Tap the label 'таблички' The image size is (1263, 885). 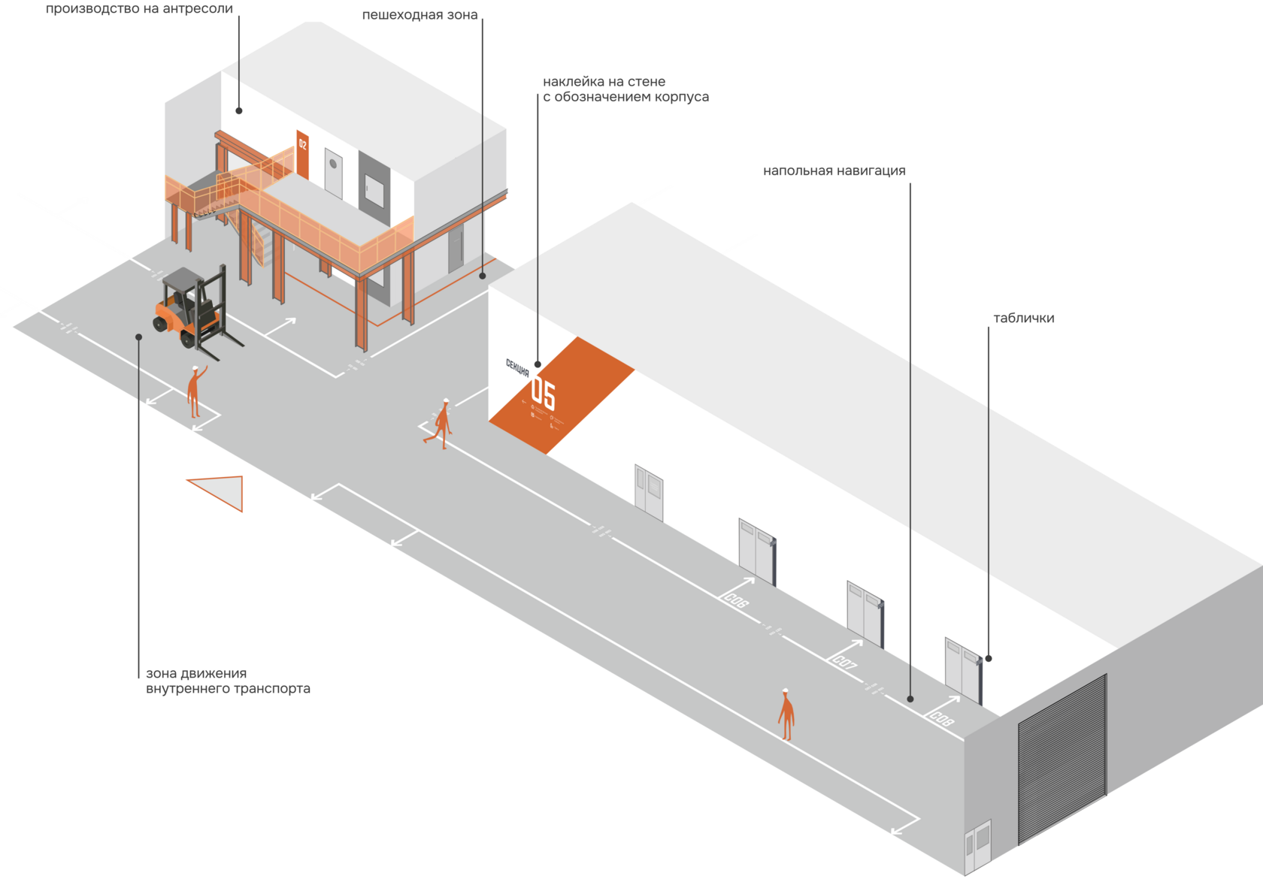(x=1023, y=319)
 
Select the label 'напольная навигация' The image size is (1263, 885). (x=834, y=171)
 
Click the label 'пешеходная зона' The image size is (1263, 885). (x=419, y=15)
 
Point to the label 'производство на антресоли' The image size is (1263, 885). (x=139, y=9)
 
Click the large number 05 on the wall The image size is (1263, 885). (x=543, y=393)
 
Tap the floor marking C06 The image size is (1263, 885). (x=737, y=600)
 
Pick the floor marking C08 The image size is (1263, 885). (x=941, y=718)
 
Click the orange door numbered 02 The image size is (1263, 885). (x=302, y=154)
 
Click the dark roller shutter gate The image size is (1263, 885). (x=1062, y=759)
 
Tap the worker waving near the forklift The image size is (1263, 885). (x=194, y=391)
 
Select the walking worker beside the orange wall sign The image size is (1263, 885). (x=441, y=424)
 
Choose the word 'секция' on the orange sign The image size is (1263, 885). (x=517, y=367)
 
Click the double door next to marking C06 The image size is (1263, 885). (x=756, y=551)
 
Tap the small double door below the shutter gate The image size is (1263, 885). (x=978, y=841)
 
